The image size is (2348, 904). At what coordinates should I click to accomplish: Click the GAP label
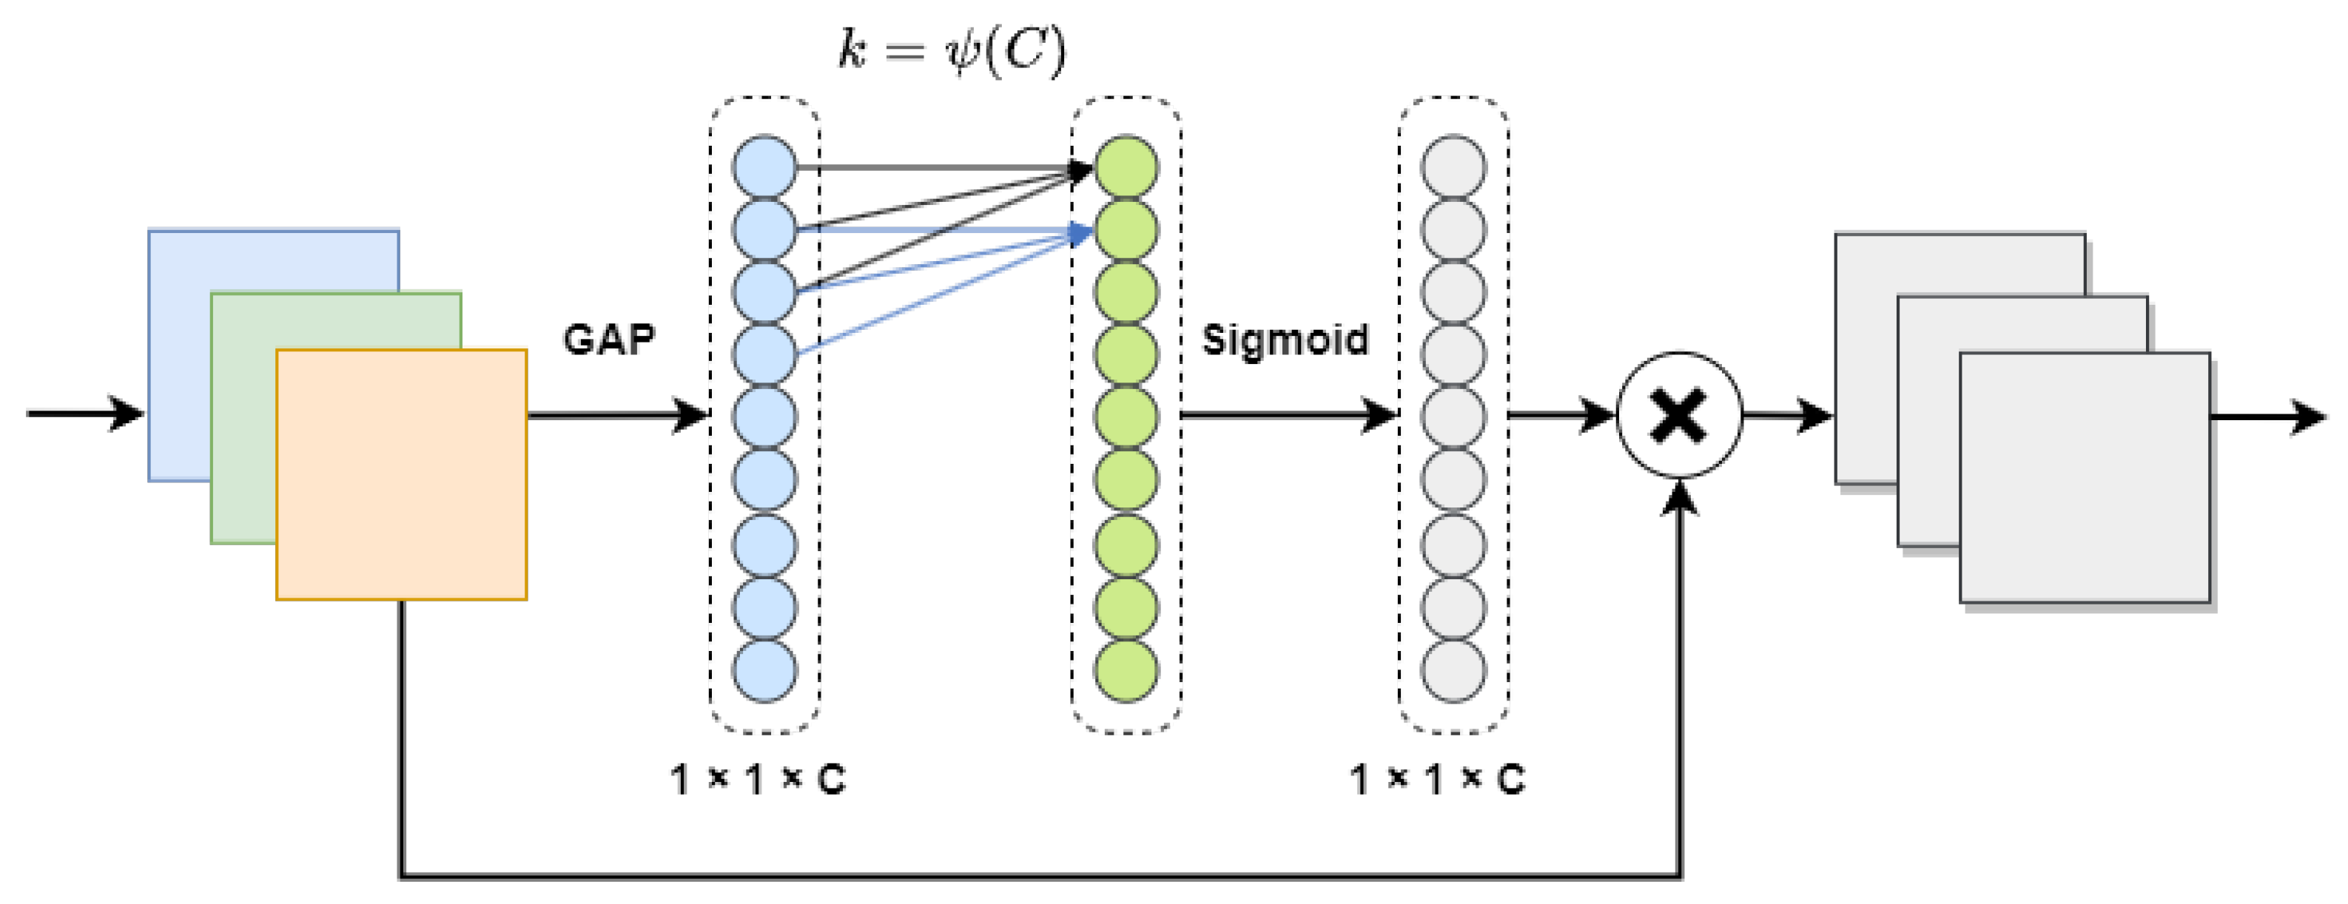(x=608, y=340)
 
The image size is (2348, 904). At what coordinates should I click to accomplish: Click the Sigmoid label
(x=1285, y=340)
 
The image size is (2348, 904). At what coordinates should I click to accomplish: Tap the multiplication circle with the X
(x=1679, y=416)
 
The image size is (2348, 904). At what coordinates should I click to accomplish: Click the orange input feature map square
(x=401, y=474)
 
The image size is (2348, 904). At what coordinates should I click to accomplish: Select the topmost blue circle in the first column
(x=764, y=166)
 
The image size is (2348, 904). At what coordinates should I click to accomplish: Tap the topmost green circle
(x=1126, y=166)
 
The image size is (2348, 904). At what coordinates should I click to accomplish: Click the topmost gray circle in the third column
(x=1453, y=166)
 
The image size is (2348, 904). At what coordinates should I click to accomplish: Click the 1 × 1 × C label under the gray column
(x=1436, y=780)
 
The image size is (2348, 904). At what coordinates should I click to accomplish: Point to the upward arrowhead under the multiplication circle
(x=1679, y=496)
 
